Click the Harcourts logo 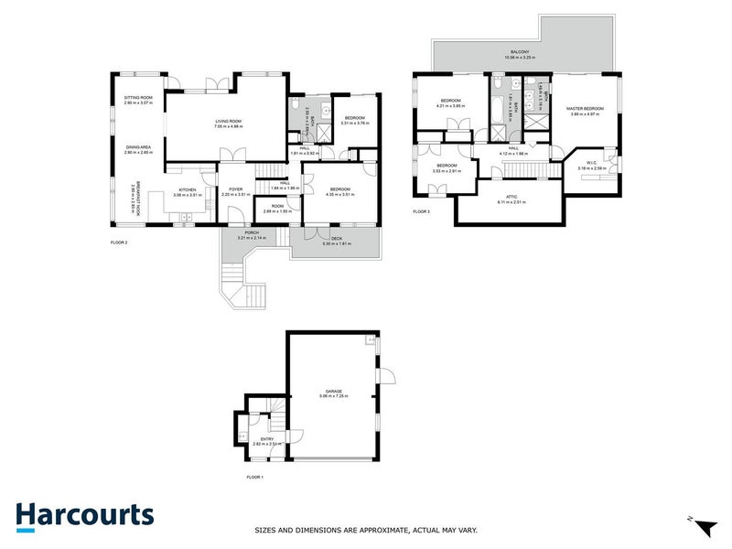84,515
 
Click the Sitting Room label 138,99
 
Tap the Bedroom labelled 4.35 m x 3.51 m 339,191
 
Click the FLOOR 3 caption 421,212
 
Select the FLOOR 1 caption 255,478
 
